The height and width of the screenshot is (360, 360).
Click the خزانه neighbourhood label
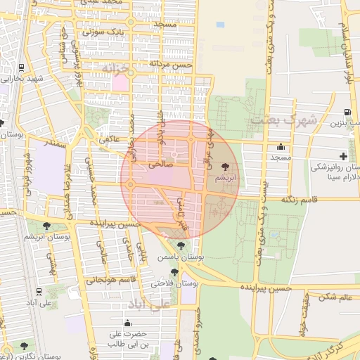point(113,67)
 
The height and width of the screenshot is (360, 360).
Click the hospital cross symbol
point(343,155)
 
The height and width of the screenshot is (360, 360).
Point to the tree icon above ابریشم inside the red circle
point(225,167)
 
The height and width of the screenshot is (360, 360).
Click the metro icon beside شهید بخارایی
point(22,68)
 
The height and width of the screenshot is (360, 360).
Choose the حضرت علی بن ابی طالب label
point(127,339)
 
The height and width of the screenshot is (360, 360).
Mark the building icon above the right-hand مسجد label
point(281,147)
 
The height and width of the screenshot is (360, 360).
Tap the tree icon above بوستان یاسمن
point(181,246)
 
